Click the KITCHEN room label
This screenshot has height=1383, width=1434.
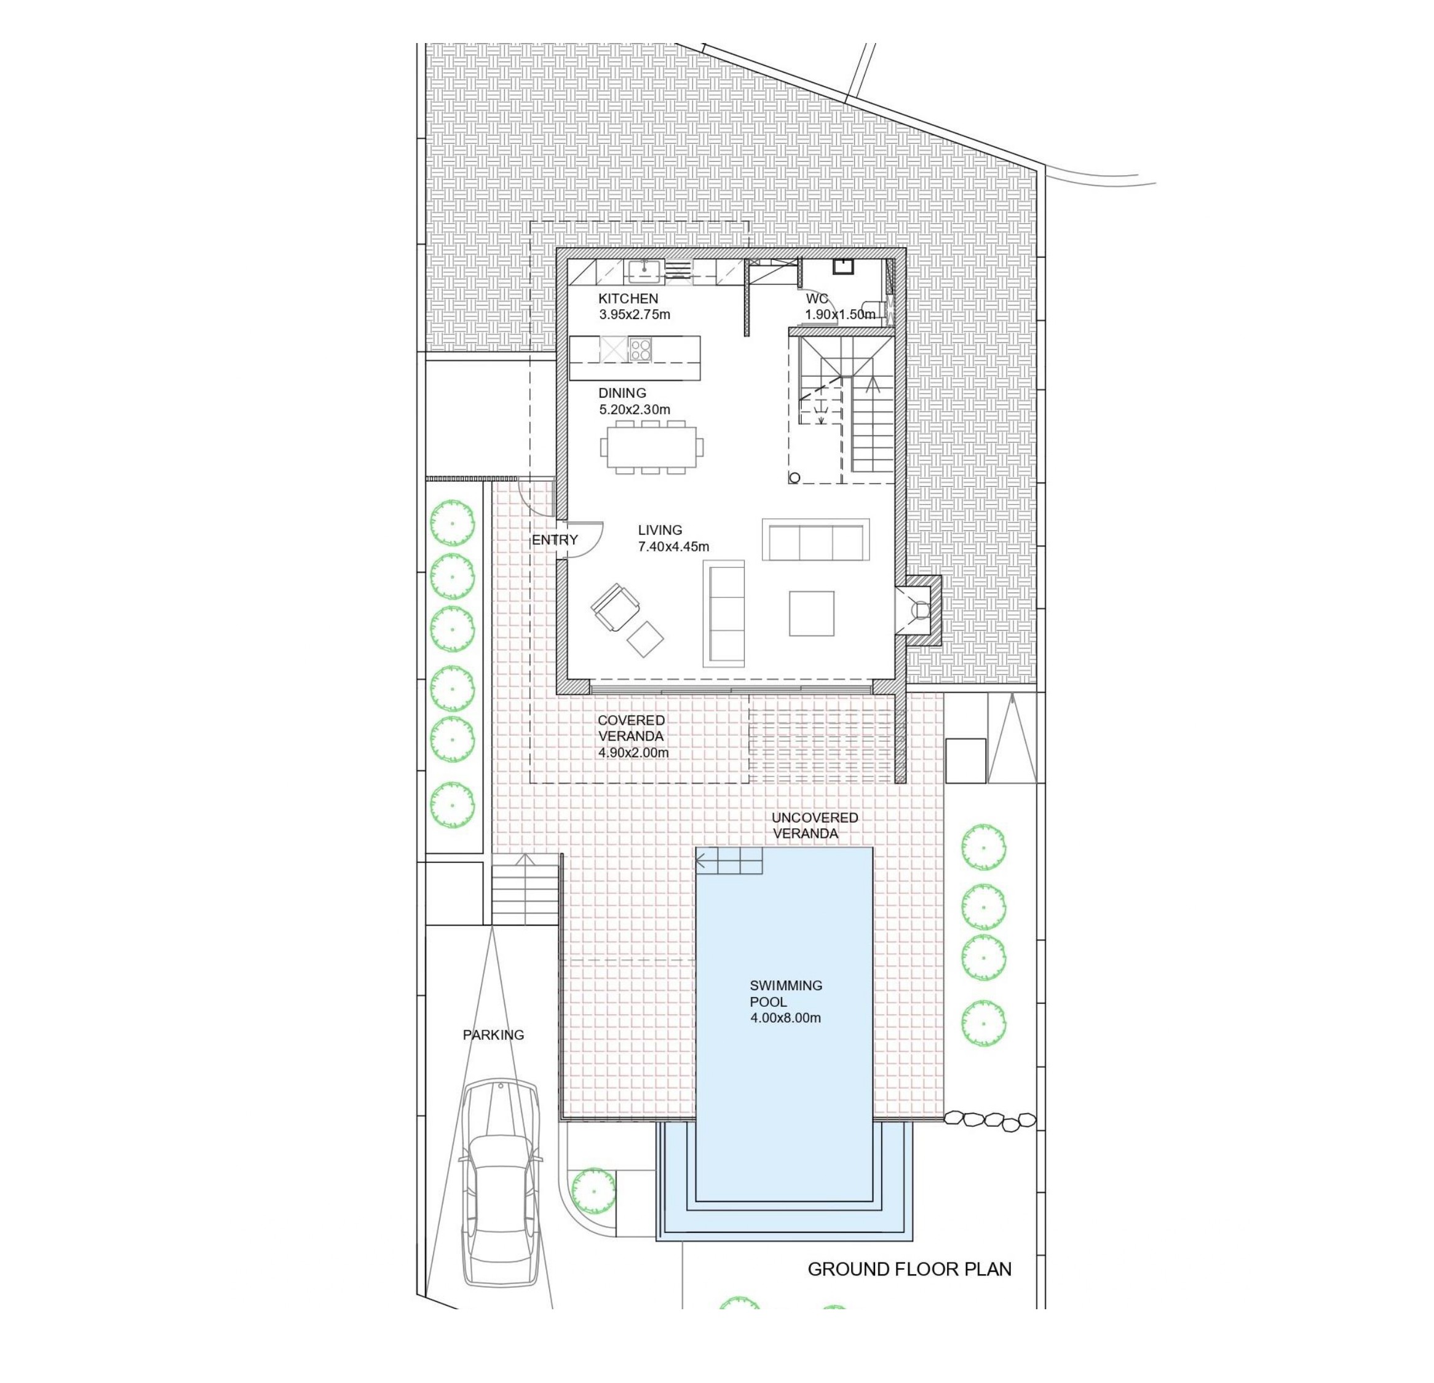628,298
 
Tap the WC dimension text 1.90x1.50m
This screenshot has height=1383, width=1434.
840,315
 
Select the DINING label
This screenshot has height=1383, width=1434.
622,393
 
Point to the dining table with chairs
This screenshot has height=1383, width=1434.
652,446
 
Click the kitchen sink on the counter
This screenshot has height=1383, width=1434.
643,271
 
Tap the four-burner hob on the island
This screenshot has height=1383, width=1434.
640,348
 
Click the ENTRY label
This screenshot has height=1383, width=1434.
555,540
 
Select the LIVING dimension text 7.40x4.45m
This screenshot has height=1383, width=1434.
673,546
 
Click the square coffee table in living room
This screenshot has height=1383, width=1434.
811,613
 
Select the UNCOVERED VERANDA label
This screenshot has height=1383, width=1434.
814,825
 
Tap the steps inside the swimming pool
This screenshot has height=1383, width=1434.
729,861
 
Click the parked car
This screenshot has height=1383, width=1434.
501,1181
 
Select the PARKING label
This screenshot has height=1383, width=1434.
493,1035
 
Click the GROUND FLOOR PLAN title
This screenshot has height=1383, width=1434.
909,1269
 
